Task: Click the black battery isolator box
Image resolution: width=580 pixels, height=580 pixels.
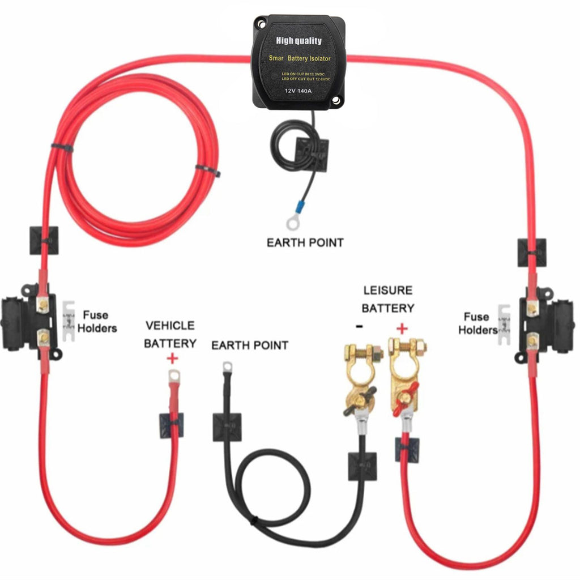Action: pyautogui.click(x=298, y=63)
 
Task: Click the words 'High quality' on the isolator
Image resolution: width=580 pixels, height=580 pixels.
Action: pyautogui.click(x=298, y=41)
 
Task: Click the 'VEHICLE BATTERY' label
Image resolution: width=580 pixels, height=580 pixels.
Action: pyautogui.click(x=170, y=334)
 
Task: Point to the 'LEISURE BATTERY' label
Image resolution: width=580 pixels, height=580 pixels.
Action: pyautogui.click(x=388, y=299)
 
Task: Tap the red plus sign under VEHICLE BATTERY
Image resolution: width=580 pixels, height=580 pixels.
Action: pyautogui.click(x=172, y=358)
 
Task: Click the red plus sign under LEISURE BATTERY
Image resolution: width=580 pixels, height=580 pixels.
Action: pyautogui.click(x=402, y=328)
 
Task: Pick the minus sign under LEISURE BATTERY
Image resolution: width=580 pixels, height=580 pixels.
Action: pyautogui.click(x=360, y=327)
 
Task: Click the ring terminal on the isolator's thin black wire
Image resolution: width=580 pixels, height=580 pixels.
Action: pyautogui.click(x=293, y=224)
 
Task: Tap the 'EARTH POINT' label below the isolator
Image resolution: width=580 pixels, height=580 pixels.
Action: pyautogui.click(x=305, y=242)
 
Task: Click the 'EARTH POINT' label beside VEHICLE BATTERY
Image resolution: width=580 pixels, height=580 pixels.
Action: pyautogui.click(x=250, y=345)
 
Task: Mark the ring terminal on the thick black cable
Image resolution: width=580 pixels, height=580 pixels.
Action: pyautogui.click(x=227, y=368)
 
